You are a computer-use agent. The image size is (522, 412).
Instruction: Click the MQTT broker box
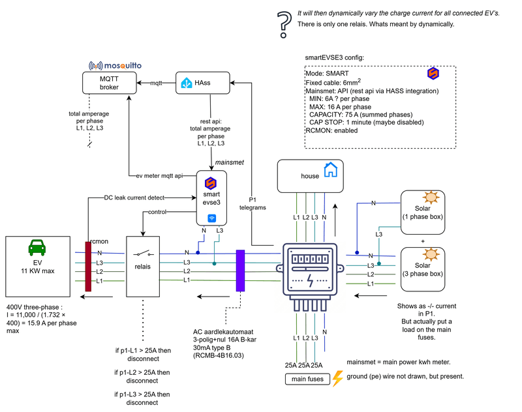(109, 83)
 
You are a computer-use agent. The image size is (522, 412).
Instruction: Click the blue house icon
(331, 171)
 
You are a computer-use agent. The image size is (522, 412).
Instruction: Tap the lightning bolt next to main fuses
(337, 379)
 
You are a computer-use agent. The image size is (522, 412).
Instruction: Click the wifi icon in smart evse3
(211, 218)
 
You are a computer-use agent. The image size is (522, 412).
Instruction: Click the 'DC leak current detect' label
(134, 198)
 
